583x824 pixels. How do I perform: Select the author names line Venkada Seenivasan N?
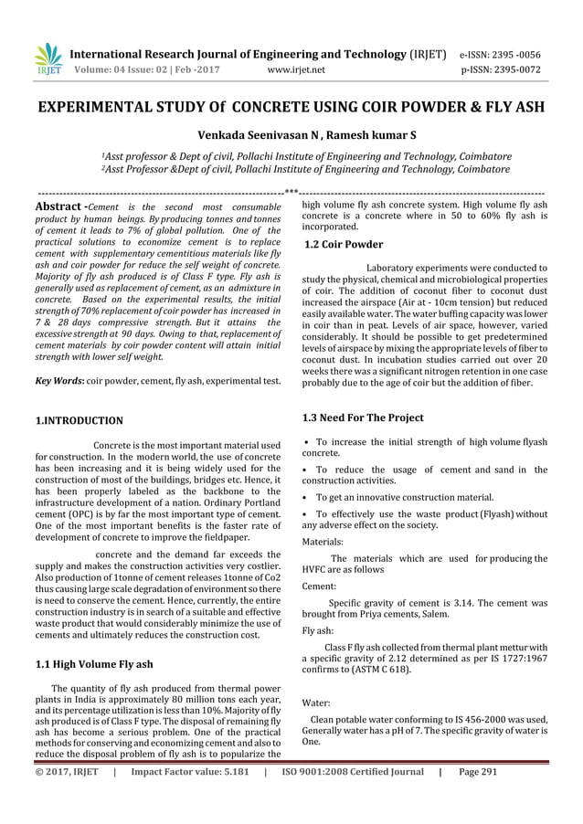(x=291, y=137)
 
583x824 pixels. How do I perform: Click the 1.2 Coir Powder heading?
(x=343, y=244)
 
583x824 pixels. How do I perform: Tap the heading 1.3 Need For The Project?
(x=363, y=417)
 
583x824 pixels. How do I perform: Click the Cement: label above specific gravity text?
(x=319, y=586)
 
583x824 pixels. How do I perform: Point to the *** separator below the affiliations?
(x=291, y=193)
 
